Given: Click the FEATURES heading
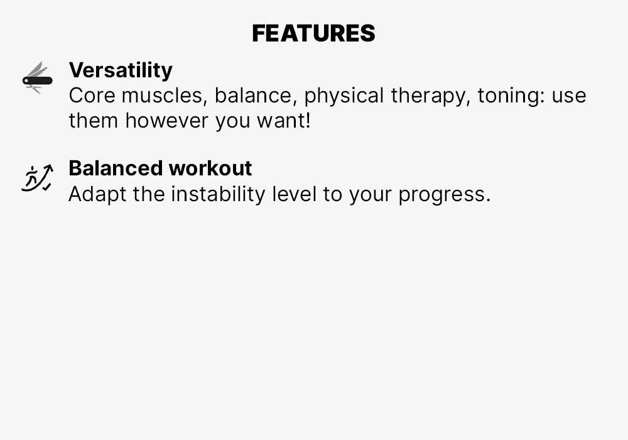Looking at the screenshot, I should click(x=313, y=33).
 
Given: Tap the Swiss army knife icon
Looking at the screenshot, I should click(x=37, y=79).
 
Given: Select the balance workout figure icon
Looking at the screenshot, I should click(x=37, y=178).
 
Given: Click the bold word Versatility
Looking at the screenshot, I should click(x=121, y=70).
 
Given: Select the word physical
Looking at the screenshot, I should click(x=344, y=96).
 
